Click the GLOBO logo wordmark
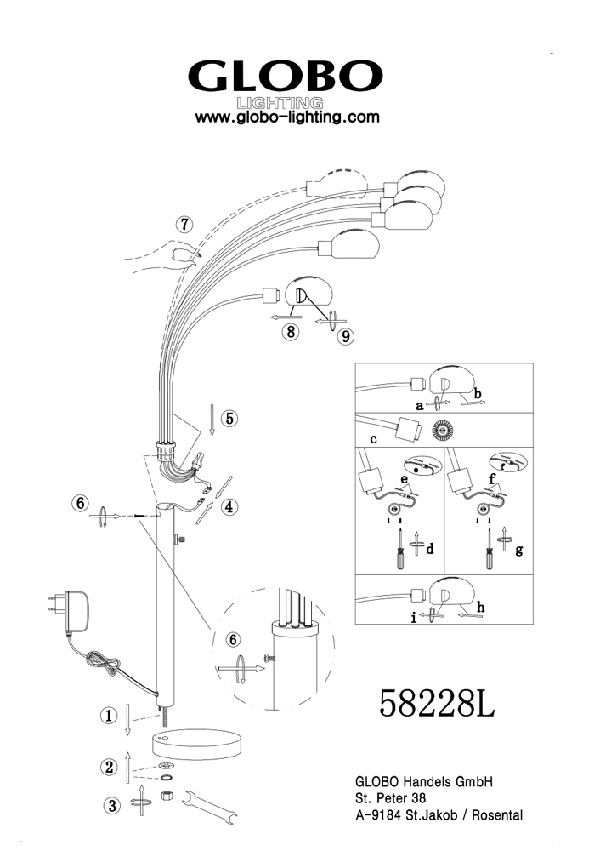click(x=286, y=76)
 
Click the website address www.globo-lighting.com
click(x=287, y=117)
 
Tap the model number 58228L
click(x=436, y=704)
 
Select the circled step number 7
click(x=184, y=224)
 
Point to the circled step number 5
click(x=230, y=419)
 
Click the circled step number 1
click(x=109, y=716)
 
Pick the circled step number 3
click(x=111, y=805)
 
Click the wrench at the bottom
click(x=209, y=808)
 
